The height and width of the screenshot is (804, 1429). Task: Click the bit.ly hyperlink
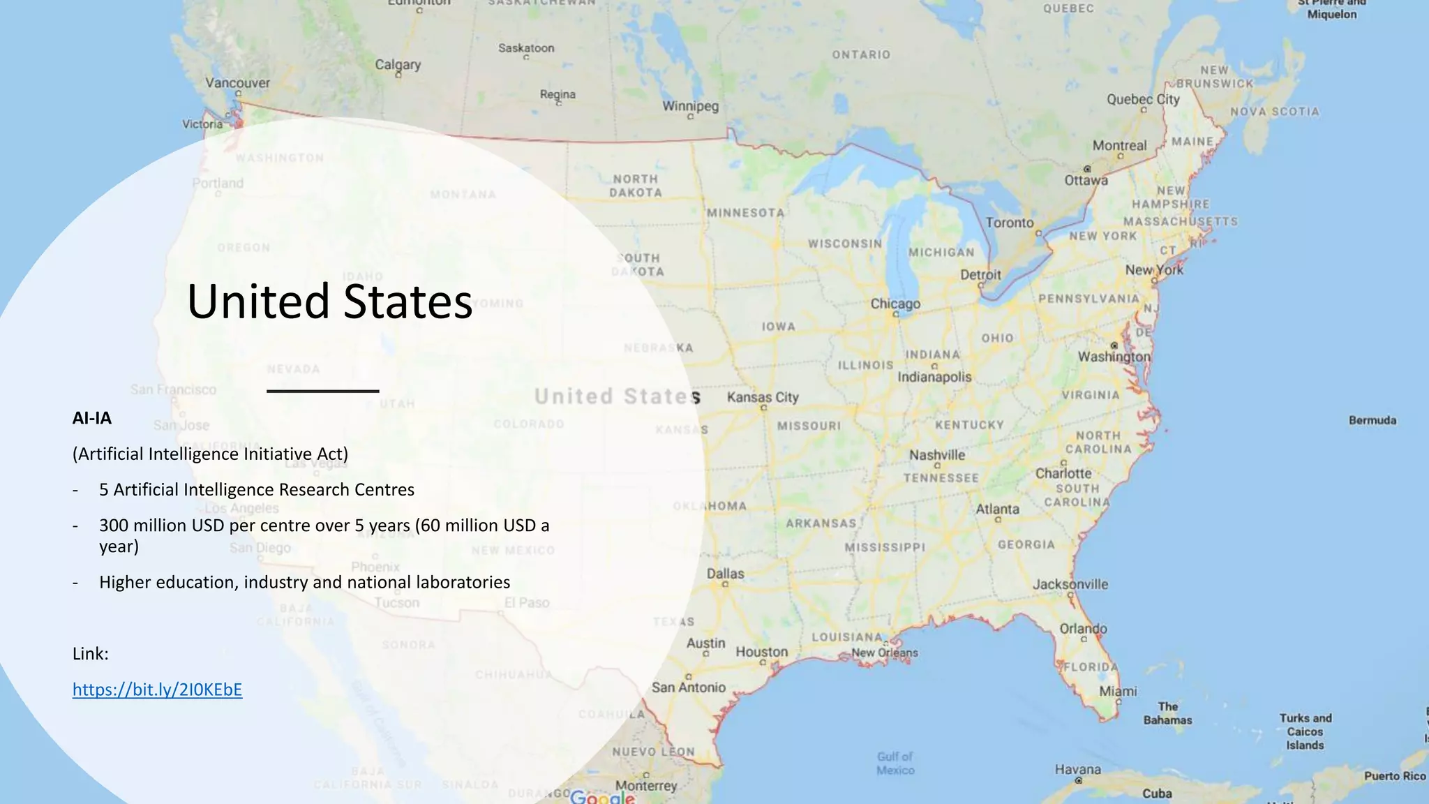pos(157,690)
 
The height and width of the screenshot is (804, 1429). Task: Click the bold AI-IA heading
pos(91,418)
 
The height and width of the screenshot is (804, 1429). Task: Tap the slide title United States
pos(329,301)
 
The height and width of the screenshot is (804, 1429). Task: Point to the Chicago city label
pos(895,304)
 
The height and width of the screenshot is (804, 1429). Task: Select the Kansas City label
pos(763,397)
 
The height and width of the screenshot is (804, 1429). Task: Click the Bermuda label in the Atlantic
pos(1372,420)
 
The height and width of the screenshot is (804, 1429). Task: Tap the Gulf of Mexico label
pos(895,763)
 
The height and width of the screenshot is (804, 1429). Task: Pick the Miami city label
pos(1118,691)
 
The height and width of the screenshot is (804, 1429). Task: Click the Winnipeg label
pos(690,106)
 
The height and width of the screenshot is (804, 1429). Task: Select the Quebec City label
pos(1143,99)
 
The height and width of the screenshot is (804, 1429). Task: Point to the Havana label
pos(1077,770)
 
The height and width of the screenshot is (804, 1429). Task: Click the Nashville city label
pos(937,455)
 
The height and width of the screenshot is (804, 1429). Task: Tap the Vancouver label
pos(237,83)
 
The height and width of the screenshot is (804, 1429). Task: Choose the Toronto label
pos(1010,223)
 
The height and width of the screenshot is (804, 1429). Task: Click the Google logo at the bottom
pos(602,797)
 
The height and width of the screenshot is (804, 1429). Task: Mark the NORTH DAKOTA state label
pos(635,186)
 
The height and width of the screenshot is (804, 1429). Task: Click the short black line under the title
pos(322,391)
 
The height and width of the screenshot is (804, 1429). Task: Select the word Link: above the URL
pos(91,654)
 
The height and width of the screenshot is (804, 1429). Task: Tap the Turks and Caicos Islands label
pos(1305,731)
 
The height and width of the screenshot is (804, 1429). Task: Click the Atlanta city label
pos(997,509)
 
